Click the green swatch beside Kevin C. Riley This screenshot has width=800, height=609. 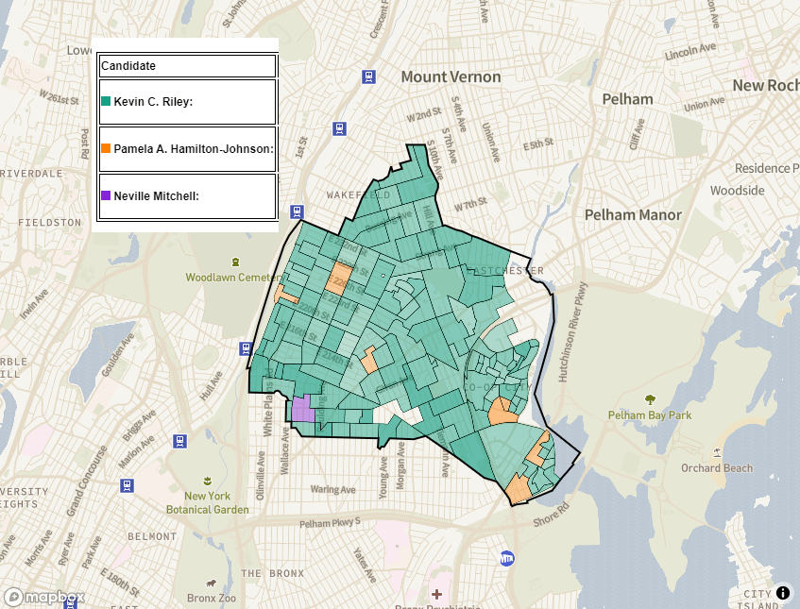pos(106,101)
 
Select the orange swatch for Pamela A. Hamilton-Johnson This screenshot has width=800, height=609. pos(106,148)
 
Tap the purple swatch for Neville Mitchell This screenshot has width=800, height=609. pos(106,195)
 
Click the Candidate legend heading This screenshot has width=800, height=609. pos(128,66)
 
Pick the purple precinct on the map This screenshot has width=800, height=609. pos(302,410)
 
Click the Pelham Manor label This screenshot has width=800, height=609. pos(633,214)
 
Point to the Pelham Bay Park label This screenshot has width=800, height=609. pos(650,415)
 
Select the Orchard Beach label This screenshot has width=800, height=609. pos(717,467)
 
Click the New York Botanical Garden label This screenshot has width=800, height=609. pos(207,502)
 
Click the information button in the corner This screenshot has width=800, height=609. pos(783,593)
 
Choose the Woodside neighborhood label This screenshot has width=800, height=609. pos(738,190)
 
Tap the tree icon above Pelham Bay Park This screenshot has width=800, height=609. pos(650,398)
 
